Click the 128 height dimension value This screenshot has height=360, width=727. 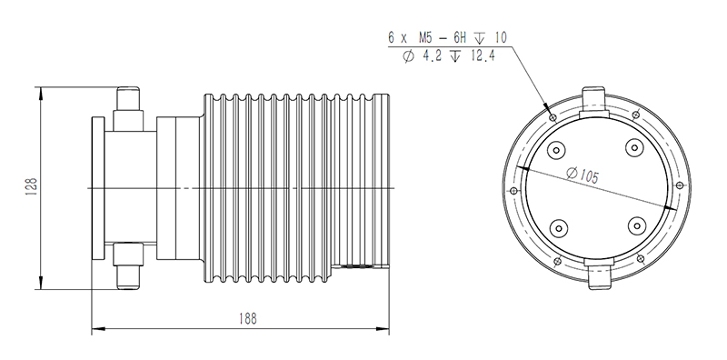[x=31, y=187]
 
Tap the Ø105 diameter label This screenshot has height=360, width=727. [x=582, y=176]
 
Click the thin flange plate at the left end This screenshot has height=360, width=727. [x=96, y=187]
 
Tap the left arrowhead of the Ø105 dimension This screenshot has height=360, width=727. [x=524, y=170]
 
